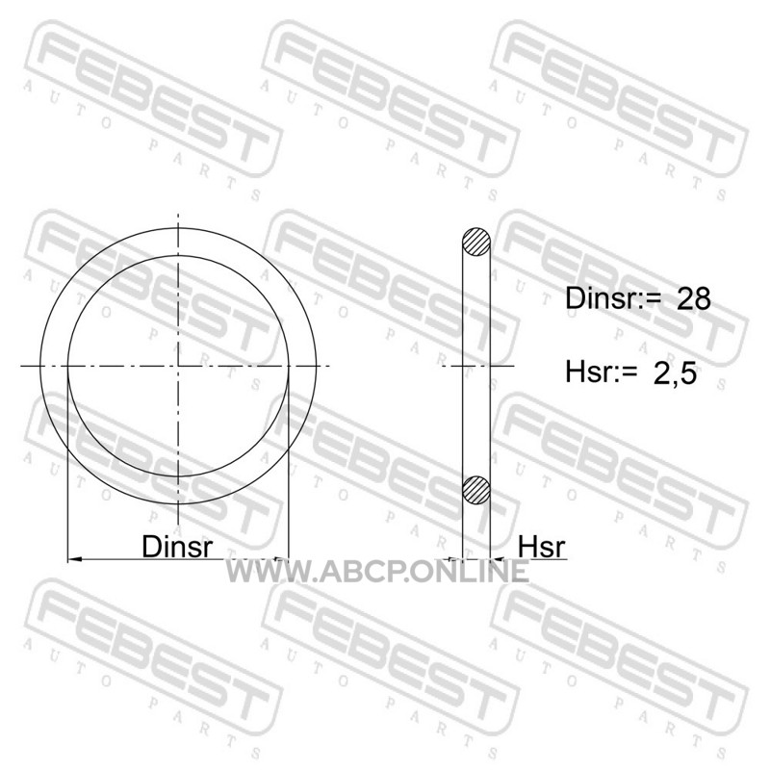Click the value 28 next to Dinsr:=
pyautogui.click(x=693, y=298)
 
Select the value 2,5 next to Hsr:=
pyautogui.click(x=675, y=372)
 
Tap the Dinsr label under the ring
pyautogui.click(x=177, y=546)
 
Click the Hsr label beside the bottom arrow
pyautogui.click(x=542, y=546)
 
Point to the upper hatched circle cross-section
pyautogui.click(x=475, y=242)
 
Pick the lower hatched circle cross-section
pyautogui.click(x=475, y=490)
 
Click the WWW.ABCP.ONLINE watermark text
pyautogui.click(x=377, y=572)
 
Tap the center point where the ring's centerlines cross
pyautogui.click(x=178, y=366)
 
